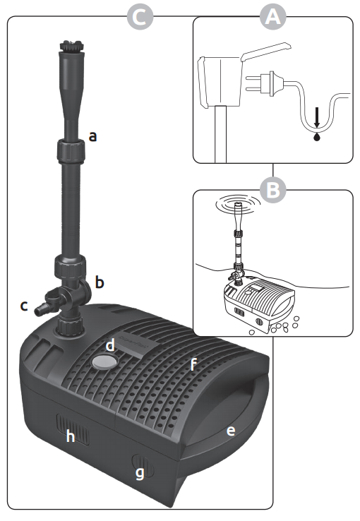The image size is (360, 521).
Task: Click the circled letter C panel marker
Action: coord(140,17)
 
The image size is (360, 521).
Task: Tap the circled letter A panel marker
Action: coord(272,17)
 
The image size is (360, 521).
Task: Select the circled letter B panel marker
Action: coord(272,190)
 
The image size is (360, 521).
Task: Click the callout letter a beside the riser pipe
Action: coord(93,136)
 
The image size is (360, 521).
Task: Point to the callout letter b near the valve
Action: coord(100,282)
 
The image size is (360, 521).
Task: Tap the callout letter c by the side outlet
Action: coord(24,306)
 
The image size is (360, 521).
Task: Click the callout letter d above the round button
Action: coord(110,345)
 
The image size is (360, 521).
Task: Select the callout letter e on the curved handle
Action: coord(231,431)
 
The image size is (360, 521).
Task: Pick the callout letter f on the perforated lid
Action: coord(193,364)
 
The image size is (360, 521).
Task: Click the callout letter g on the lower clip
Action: coord(140,472)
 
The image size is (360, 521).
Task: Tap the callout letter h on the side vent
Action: coord(71,436)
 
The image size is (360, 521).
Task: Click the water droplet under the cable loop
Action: coord(317,136)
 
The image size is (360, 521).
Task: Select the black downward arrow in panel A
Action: coord(317,117)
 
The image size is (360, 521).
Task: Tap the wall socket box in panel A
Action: coord(220,81)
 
